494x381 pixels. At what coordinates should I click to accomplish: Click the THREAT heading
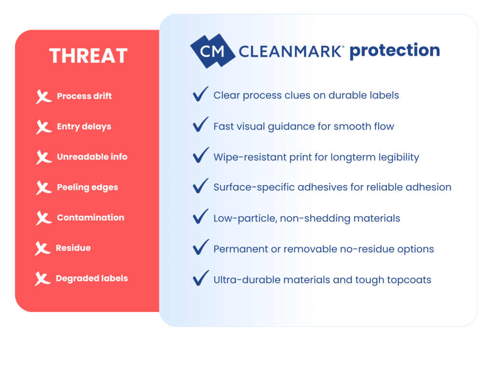[x=88, y=56]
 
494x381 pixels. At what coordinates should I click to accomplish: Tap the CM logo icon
[x=212, y=51]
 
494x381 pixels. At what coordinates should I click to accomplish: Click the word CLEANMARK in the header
[x=291, y=51]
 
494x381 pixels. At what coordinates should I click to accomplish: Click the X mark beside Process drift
[x=44, y=97]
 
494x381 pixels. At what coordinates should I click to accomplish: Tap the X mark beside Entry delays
[x=44, y=127]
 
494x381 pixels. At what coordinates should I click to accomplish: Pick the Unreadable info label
[x=92, y=157]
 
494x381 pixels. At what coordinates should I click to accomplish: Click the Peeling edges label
[x=87, y=187]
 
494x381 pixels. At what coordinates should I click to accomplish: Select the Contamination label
[x=90, y=218]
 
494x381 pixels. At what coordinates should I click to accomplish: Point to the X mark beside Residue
[x=43, y=249]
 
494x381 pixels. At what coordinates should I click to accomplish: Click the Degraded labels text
[x=92, y=278]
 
